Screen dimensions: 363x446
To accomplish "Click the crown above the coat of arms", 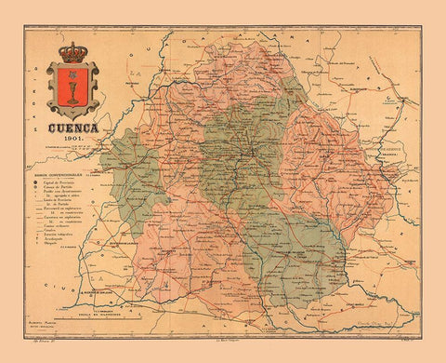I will click(x=71, y=52).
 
